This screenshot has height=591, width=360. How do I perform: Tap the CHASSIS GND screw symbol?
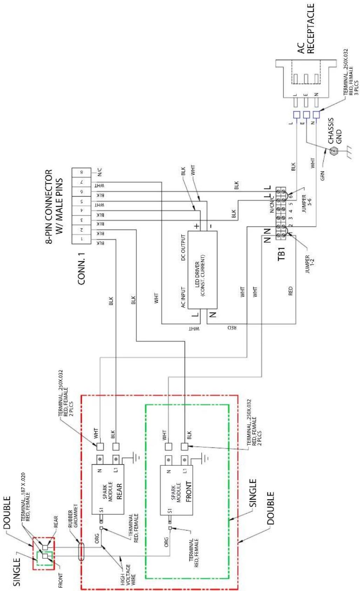point(334,151)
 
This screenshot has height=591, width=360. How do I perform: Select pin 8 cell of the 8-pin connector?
point(82,172)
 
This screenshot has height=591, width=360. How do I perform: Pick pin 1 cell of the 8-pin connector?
point(82,239)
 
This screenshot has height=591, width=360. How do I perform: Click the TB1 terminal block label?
point(281,254)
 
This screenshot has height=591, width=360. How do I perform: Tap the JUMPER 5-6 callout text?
point(307,204)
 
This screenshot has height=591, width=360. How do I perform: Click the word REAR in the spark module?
point(119,491)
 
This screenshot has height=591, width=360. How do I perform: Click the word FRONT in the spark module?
point(189,491)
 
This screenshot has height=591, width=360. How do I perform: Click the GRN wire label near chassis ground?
point(322,176)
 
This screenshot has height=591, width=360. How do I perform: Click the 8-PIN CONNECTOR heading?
point(54,206)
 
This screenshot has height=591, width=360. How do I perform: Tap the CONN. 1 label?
point(82,269)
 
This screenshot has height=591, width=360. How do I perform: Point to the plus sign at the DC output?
point(197,226)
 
